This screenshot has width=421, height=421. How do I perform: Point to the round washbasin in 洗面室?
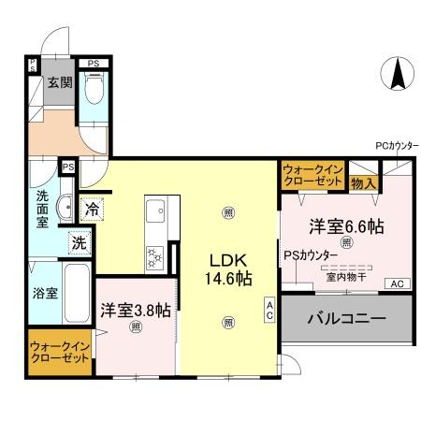pyautogui.click(x=65, y=207)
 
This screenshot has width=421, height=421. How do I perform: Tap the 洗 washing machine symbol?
pyautogui.click(x=80, y=241)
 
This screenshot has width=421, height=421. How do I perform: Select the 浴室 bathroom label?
pyautogui.click(x=46, y=292)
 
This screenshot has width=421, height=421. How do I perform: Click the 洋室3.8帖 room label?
pyautogui.click(x=135, y=310)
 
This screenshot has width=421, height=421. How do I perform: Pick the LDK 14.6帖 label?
pyautogui.click(x=227, y=269)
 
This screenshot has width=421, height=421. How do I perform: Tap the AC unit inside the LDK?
pyautogui.click(x=269, y=308)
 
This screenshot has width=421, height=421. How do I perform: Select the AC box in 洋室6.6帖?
pyautogui.click(x=396, y=283)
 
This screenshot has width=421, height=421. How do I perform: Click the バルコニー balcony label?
pyautogui.click(x=346, y=319)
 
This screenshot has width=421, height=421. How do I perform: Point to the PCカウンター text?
pyautogui.click(x=397, y=146)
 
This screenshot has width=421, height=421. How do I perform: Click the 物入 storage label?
pyautogui.click(x=364, y=183)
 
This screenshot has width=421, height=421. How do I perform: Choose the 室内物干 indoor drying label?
pyautogui.click(x=346, y=276)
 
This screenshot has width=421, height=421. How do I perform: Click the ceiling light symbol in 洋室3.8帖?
pyautogui.click(x=137, y=327)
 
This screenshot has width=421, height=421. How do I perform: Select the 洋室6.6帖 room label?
pyautogui.click(x=347, y=225)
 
